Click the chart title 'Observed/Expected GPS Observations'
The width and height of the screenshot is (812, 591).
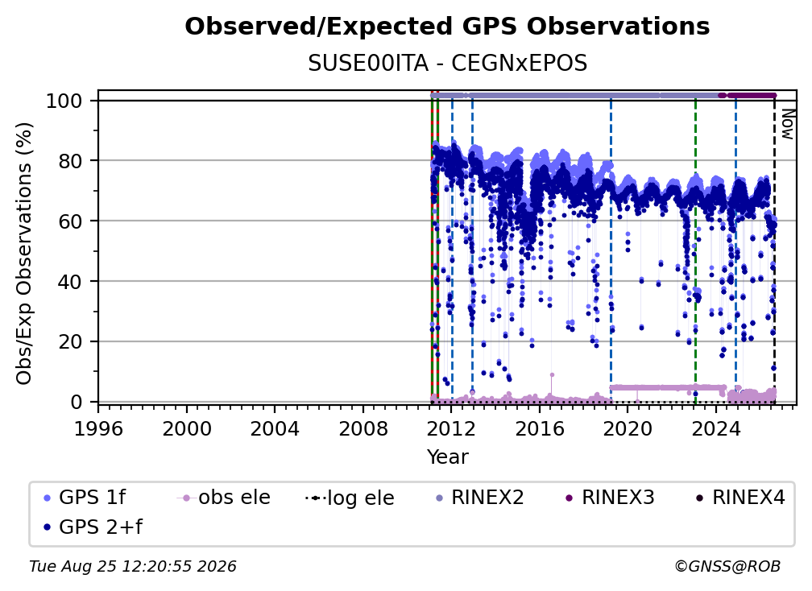point(447,27)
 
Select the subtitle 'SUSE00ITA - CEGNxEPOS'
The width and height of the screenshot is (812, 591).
point(447,64)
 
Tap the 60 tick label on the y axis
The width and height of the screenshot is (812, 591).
point(70,221)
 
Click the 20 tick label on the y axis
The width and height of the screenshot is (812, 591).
point(70,341)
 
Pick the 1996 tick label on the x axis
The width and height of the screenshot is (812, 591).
point(98,429)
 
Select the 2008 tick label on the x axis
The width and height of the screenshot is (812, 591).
point(363,429)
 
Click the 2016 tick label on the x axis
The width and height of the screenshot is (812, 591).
point(540,429)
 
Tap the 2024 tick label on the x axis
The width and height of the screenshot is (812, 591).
point(715,429)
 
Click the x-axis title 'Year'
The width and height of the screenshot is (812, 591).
point(447,457)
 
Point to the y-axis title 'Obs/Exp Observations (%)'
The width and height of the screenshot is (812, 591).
point(24,254)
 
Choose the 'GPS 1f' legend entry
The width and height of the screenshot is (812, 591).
point(85,498)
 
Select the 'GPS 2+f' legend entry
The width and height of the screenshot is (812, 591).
point(93,527)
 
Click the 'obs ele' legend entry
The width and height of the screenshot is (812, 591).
point(224,498)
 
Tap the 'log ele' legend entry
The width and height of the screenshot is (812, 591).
point(350,498)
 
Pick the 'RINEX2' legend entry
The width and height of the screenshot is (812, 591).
point(480,498)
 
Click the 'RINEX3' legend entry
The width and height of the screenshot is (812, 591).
point(610,498)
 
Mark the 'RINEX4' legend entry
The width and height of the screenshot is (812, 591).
point(740,498)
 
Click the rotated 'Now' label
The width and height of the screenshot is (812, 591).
point(787,124)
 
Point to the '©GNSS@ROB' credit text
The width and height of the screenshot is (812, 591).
point(727,566)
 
